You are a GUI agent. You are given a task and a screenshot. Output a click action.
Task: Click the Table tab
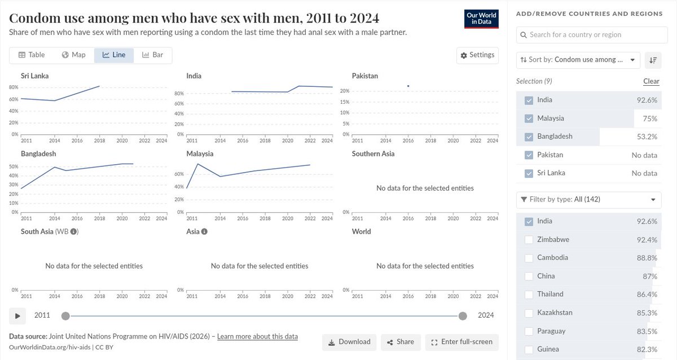pyautogui.click(x=32, y=55)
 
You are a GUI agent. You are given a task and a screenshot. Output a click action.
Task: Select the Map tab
pyautogui.click(x=74, y=55)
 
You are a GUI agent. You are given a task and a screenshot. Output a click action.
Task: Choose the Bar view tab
pyautogui.click(x=153, y=55)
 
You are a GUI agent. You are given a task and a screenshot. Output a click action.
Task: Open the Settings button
pyautogui.click(x=477, y=55)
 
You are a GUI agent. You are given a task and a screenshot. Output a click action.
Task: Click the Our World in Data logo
pyautogui.click(x=481, y=19)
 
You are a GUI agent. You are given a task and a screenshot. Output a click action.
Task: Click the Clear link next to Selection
pyautogui.click(x=651, y=81)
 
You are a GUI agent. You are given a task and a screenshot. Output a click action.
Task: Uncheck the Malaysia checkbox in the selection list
pyautogui.click(x=529, y=118)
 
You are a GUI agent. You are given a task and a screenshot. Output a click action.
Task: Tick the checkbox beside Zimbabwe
pyautogui.click(x=529, y=240)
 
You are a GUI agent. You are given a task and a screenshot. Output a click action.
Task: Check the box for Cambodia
pyautogui.click(x=529, y=258)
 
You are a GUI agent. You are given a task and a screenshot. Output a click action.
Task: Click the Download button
pyautogui.click(x=349, y=342)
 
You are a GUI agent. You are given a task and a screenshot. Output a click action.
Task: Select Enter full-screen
pyautogui.click(x=462, y=342)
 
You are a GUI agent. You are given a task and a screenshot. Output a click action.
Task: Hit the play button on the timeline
pyautogui.click(x=17, y=316)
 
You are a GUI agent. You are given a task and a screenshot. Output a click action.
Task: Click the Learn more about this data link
pyautogui.click(x=257, y=337)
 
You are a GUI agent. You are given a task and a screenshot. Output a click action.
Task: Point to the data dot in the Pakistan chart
pyautogui.click(x=408, y=86)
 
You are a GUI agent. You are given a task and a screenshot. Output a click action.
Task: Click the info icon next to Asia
pyautogui.click(x=204, y=231)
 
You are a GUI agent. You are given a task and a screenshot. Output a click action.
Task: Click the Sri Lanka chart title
pyautogui.click(x=35, y=76)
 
